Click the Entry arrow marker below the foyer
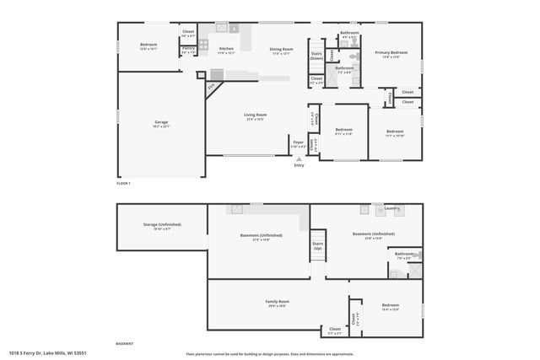pos(298,159)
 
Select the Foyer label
pos(298,142)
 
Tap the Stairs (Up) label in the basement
pos(318,246)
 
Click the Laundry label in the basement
pos(391,208)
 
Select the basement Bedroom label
pos(390,306)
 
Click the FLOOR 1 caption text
pos(123,183)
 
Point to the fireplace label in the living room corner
pos(212,85)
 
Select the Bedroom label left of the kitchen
pos(148,46)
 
